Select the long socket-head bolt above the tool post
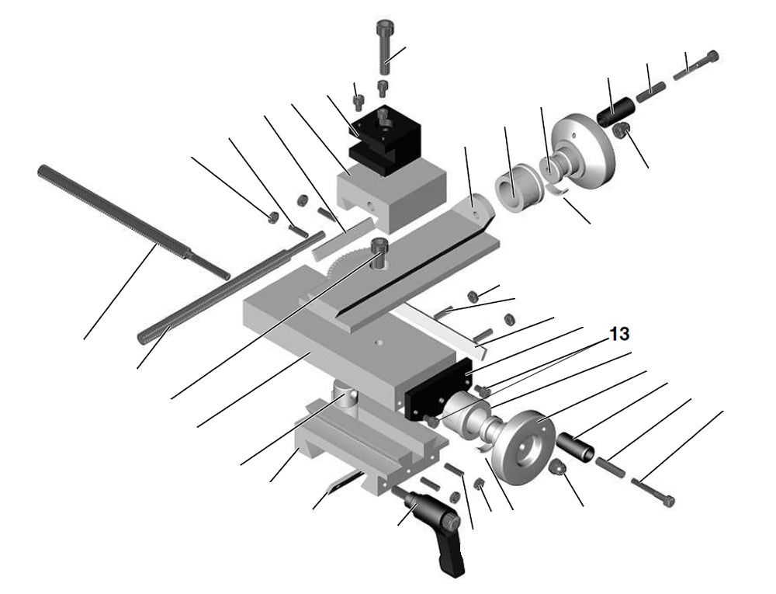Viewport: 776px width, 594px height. tap(385, 47)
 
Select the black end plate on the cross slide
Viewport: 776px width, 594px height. tap(438, 388)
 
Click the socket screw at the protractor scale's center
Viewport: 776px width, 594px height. tap(378, 252)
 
